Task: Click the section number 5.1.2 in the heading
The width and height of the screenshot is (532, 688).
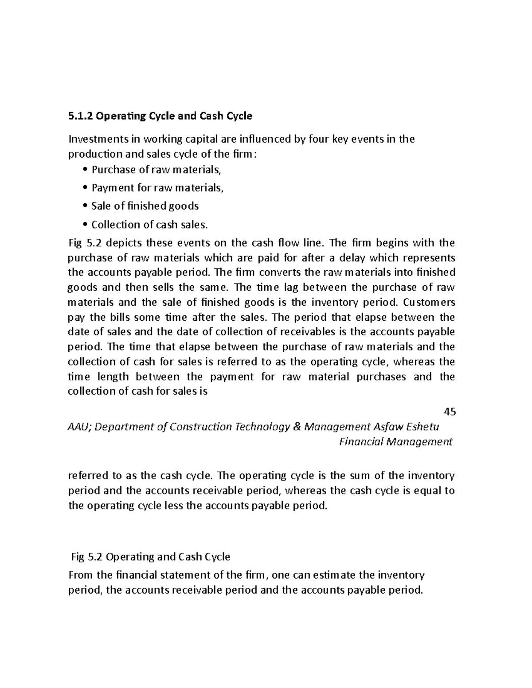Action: pyautogui.click(x=81, y=116)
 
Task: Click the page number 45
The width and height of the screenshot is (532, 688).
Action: pyautogui.click(x=450, y=412)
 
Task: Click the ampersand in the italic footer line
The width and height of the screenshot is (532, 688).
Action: pyautogui.click(x=297, y=427)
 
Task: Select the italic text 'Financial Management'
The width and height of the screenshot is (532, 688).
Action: pyautogui.click(x=395, y=442)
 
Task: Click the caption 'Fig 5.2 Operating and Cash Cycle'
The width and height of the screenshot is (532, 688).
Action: pyautogui.click(x=151, y=557)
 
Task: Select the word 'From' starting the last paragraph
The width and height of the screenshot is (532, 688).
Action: pyautogui.click(x=80, y=575)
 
